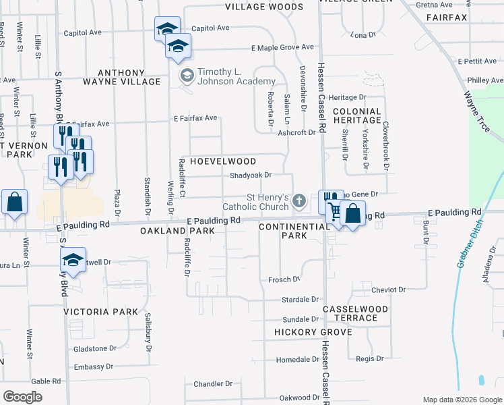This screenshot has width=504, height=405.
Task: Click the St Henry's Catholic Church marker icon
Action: [300, 200]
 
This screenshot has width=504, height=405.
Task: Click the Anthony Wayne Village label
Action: [121, 77]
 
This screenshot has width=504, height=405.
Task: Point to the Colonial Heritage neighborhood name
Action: [357, 115]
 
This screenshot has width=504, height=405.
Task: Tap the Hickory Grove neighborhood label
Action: [313, 332]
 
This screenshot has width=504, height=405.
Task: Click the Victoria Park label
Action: [100, 312]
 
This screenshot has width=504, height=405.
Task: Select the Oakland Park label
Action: [177, 231]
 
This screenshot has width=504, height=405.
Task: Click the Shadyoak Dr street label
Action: [251, 175]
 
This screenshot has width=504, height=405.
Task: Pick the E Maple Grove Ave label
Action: [282, 47]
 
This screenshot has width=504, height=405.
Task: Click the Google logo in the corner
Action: [22, 397]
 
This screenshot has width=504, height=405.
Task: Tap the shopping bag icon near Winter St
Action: [14, 202]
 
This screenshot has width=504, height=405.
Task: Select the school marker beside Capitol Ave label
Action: [167, 28]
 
